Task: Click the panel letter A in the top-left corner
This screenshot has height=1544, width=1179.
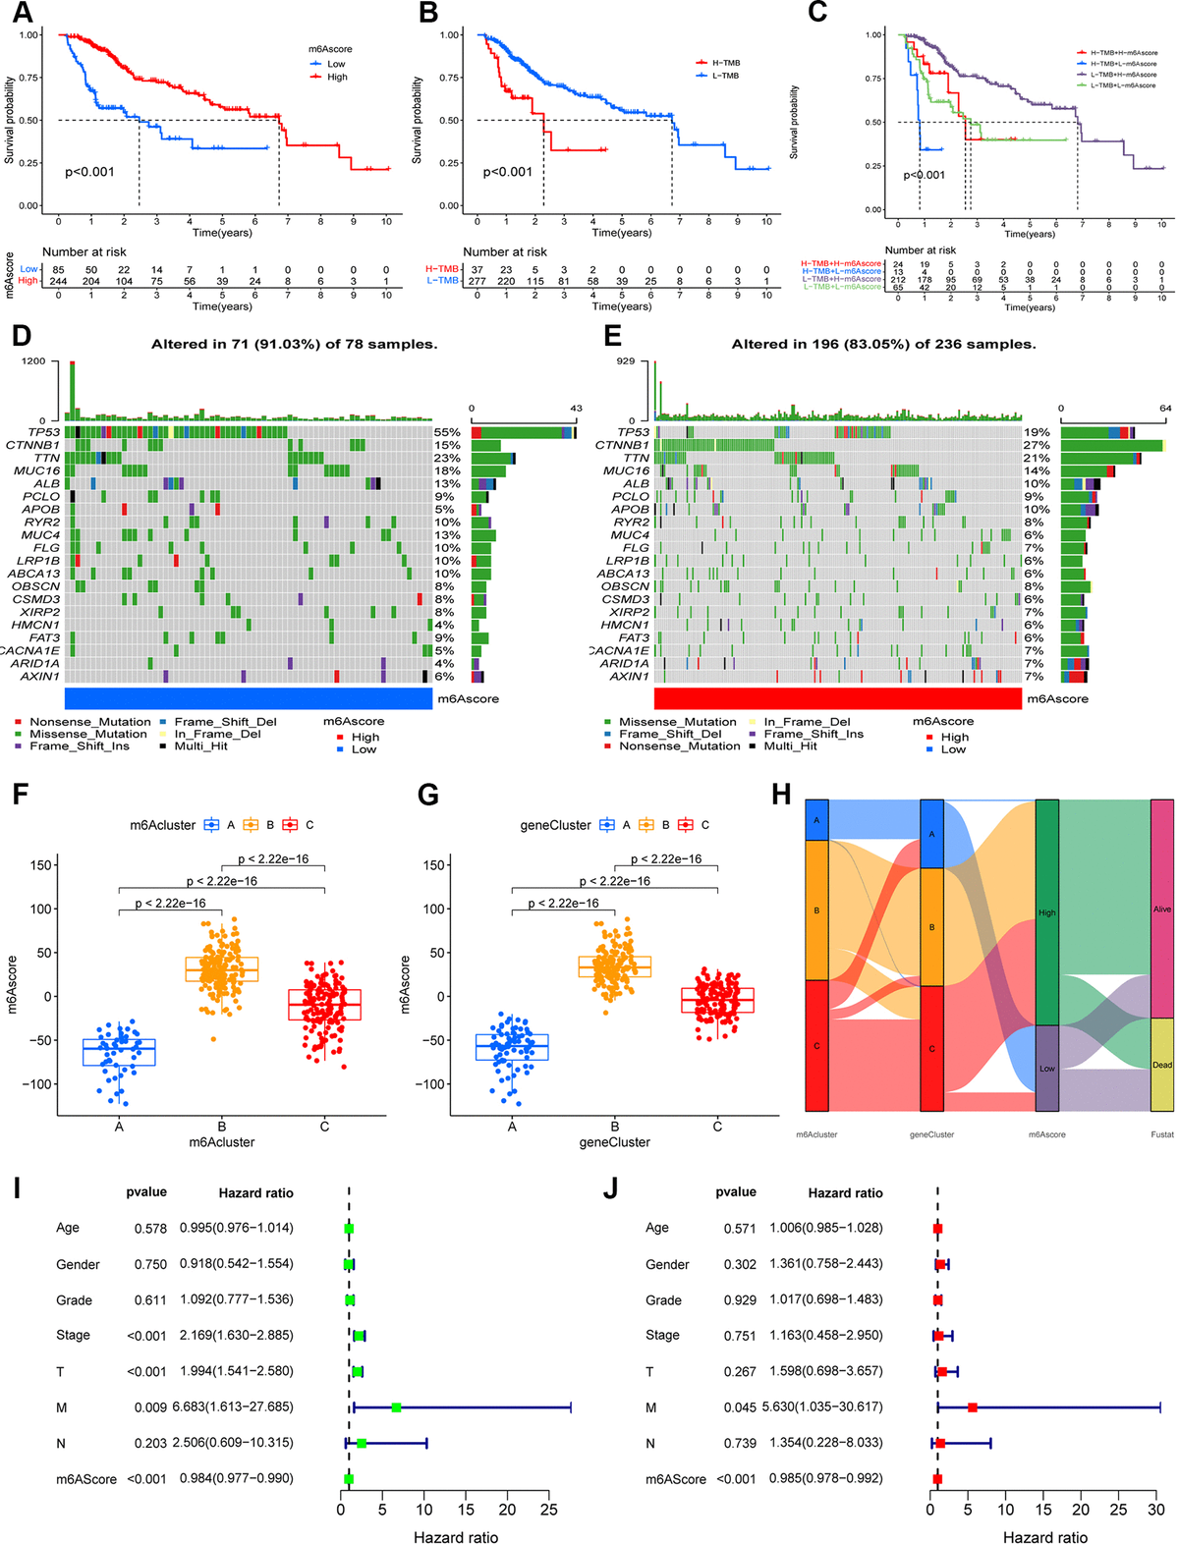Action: (x=22, y=13)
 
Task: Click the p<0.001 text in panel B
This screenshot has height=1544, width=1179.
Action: (x=507, y=172)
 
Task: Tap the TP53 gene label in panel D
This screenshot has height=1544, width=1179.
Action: (x=43, y=432)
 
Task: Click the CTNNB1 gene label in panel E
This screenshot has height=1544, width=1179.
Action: (x=622, y=445)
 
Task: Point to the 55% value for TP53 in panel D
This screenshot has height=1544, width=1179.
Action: (x=447, y=432)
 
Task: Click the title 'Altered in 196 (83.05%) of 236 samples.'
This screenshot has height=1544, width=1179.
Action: (x=883, y=344)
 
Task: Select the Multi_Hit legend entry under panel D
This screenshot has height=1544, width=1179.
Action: (x=200, y=746)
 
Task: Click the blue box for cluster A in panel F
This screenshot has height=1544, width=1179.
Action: (x=119, y=1052)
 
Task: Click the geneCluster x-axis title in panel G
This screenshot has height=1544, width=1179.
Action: (x=614, y=1142)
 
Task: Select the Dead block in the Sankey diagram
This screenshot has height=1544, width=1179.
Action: (x=1162, y=1065)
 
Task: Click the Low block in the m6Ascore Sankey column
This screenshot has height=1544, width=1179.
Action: (x=1047, y=1069)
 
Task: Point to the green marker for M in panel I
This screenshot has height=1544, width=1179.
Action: (x=396, y=1407)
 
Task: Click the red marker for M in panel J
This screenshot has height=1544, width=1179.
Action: (x=973, y=1407)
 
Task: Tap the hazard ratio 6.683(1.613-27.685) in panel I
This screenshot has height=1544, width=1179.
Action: (x=236, y=1407)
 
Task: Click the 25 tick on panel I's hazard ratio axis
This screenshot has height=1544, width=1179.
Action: (x=548, y=1510)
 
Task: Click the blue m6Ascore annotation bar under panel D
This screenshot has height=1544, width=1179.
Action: (x=249, y=698)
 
